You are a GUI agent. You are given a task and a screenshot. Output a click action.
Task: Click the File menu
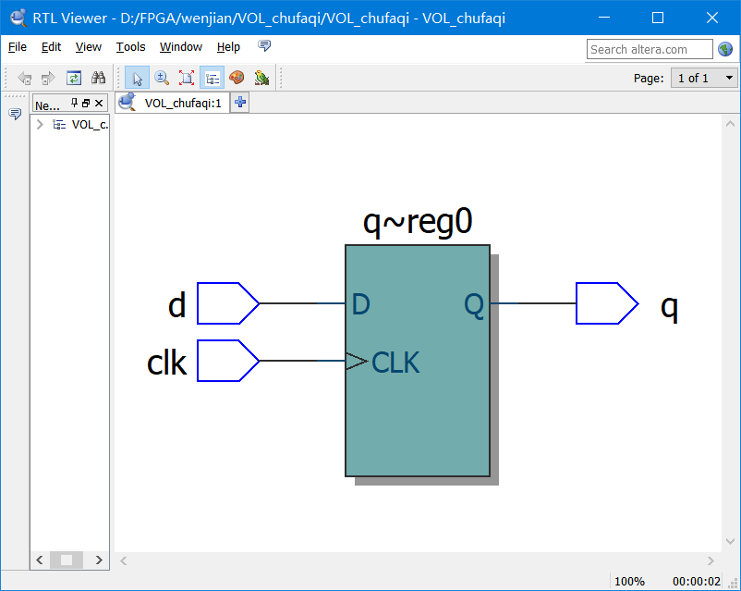coord(17,47)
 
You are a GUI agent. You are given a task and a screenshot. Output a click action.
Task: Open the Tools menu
coord(130,47)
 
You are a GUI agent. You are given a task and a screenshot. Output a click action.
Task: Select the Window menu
coord(180,47)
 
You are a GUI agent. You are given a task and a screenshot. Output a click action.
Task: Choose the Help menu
coord(228,47)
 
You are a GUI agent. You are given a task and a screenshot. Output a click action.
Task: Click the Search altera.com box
coord(649,49)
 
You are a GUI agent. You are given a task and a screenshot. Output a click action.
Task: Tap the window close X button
coord(711,18)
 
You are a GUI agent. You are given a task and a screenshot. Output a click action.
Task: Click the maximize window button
coord(658,18)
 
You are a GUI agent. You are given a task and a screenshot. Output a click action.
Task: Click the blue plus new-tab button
coord(239,103)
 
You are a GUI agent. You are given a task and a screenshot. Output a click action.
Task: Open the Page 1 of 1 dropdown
coord(704,78)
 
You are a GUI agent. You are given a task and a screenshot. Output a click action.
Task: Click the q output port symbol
coord(606,303)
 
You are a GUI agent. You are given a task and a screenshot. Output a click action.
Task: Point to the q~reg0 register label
coord(418,223)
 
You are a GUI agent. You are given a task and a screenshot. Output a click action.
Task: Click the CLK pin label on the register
coord(395,363)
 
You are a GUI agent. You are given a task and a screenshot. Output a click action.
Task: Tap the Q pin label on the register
coord(473,305)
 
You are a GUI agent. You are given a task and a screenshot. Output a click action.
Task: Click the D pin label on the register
coord(361,304)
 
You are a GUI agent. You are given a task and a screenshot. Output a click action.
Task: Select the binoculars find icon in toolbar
coord(98,78)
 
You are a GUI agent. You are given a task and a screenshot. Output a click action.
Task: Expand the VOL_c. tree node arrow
coord(40,124)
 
